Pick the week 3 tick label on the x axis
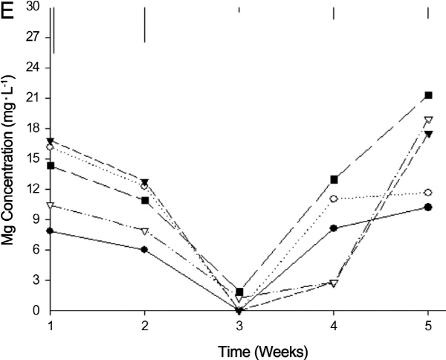coord(239,325)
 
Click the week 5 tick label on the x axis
coord(428,325)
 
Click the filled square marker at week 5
coord(428,95)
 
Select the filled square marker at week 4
coord(334,179)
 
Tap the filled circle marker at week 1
coord(50,231)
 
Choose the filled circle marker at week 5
coord(428,207)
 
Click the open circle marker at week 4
coord(334,199)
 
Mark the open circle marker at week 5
coord(428,193)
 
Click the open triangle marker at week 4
coord(334,283)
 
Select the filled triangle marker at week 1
coord(50,141)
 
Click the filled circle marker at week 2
coord(144,250)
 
